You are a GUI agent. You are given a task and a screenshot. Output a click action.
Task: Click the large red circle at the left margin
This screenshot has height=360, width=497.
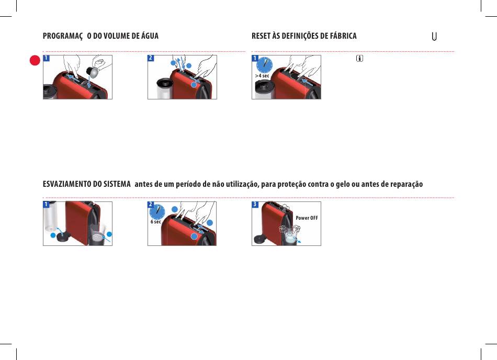point(35,60)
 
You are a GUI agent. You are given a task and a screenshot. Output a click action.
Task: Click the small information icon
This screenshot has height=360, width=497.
point(359,58)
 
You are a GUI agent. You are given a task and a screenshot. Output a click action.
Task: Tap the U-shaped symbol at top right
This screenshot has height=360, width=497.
point(434,37)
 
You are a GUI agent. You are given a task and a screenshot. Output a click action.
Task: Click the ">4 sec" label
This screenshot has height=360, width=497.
point(262,76)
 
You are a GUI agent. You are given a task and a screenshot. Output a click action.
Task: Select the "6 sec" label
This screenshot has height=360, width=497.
point(155,222)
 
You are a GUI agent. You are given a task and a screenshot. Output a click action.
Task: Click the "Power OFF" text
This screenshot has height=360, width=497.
point(307,218)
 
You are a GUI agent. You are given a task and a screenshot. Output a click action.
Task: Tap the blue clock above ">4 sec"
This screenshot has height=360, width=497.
point(264,65)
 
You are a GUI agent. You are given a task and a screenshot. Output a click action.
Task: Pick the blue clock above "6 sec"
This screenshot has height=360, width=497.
point(157,212)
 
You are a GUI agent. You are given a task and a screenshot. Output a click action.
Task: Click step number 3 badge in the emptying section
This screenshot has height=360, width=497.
point(255,205)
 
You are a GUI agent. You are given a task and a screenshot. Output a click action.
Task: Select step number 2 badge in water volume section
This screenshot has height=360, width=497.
point(151,58)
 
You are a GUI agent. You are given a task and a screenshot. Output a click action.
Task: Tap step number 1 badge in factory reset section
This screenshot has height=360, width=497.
point(255,58)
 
